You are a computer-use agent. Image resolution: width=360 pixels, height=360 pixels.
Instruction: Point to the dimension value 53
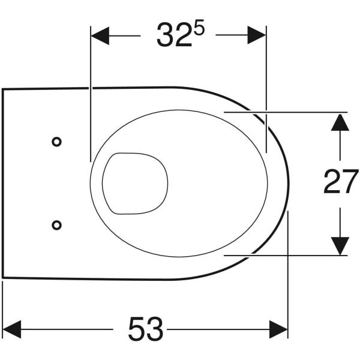pyautogui.click(x=145, y=329)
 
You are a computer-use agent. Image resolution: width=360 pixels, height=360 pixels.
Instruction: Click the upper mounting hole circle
pyautogui.click(x=56, y=142)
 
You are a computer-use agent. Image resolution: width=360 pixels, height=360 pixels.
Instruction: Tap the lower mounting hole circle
pyautogui.click(x=56, y=224)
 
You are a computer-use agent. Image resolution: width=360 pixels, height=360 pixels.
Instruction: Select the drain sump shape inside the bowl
pyautogui.click(x=135, y=183)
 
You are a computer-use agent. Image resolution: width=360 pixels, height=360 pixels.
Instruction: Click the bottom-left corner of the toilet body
pyautogui.click(x=4, y=277)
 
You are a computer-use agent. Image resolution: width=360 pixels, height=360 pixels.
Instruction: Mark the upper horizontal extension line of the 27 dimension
pyautogui.click(x=300, y=112)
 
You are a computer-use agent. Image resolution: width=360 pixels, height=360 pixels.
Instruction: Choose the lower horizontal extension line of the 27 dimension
pyautogui.click(x=300, y=255)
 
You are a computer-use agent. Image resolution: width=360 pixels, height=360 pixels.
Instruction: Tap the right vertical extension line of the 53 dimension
pyautogui.click(x=288, y=270)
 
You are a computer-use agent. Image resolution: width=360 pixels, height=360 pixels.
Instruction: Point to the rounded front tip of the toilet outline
pyautogui.click(x=288, y=183)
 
